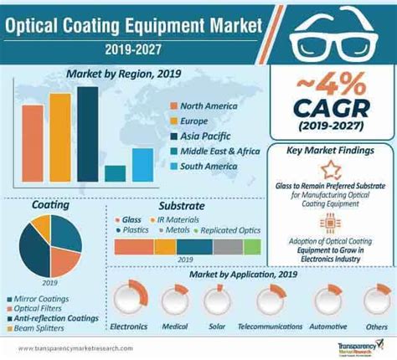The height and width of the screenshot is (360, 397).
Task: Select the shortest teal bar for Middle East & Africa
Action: click(116, 172)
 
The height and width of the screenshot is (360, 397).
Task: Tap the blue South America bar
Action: click(142, 164)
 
